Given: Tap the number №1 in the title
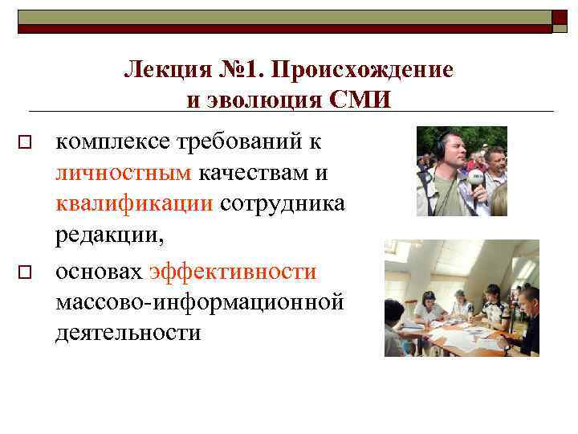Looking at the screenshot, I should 239,70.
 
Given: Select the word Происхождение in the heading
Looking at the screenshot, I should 362,70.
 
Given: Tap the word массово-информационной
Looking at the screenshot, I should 200,302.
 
